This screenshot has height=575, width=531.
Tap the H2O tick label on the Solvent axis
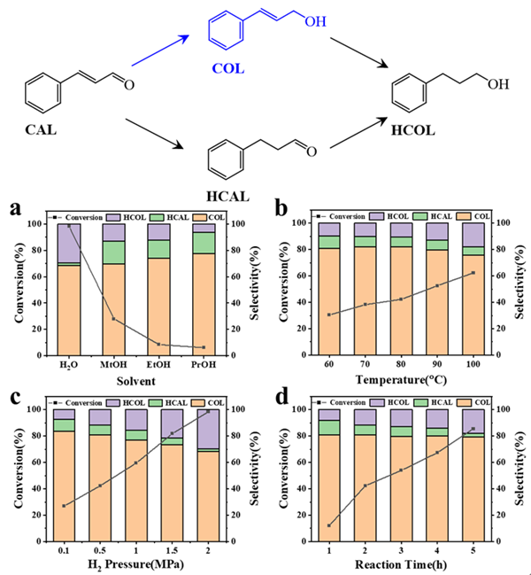(x=68, y=366)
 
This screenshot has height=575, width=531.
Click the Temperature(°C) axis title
(x=402, y=382)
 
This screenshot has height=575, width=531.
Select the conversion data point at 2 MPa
(x=208, y=412)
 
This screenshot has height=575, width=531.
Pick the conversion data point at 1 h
(x=329, y=525)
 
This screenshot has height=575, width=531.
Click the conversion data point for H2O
(x=69, y=226)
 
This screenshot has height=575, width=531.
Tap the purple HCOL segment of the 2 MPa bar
(x=208, y=429)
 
